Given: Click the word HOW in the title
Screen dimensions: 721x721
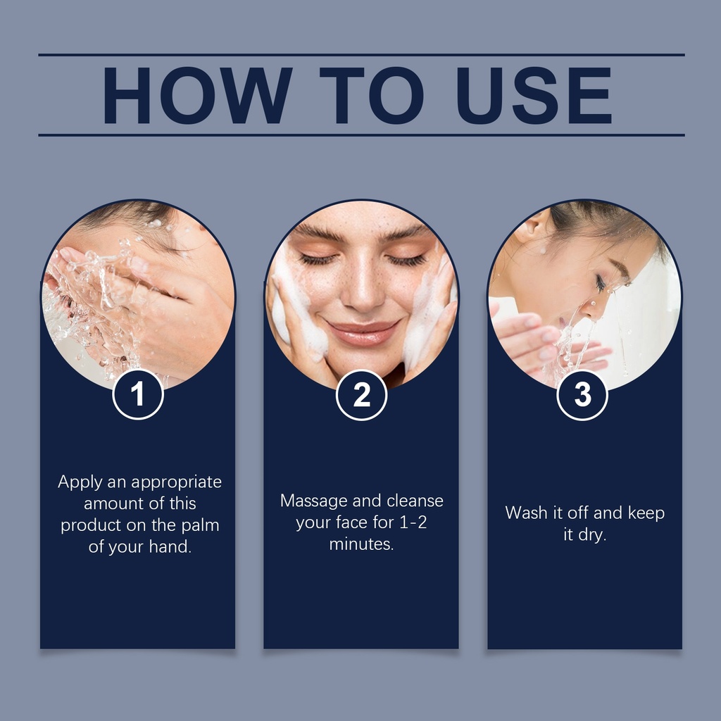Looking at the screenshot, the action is pyautogui.click(x=197, y=95).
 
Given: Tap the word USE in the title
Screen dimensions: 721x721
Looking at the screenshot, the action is pyautogui.click(x=534, y=95).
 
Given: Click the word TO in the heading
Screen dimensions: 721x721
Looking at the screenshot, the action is pyautogui.click(x=371, y=95).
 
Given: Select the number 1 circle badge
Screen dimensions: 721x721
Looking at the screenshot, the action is pyautogui.click(x=138, y=394).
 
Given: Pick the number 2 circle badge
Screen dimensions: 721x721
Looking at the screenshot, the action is pyautogui.click(x=361, y=395).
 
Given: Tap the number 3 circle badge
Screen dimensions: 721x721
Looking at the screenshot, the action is pyautogui.click(x=582, y=395).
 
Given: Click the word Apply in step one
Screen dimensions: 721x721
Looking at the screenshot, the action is pyautogui.click(x=80, y=482).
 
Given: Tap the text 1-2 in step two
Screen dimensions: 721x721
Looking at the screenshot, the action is pyautogui.click(x=413, y=522).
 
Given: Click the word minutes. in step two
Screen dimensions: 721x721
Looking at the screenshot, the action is pyautogui.click(x=361, y=544).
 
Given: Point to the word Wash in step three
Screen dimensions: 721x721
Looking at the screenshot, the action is pyautogui.click(x=525, y=513).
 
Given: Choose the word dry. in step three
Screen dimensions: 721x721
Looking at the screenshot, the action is pyautogui.click(x=592, y=535).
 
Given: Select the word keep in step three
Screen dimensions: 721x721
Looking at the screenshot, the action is pyautogui.click(x=646, y=513).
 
